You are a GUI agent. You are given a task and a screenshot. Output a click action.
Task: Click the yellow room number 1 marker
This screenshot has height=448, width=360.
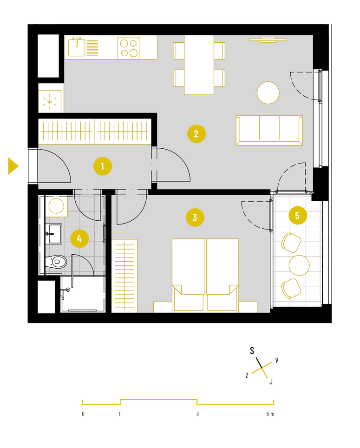pyautogui.click(x=103, y=166)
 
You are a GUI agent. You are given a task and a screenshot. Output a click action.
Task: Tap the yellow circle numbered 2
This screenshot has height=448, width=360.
pyautogui.click(x=196, y=134)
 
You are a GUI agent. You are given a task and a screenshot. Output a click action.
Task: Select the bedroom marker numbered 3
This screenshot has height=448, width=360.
pyautogui.click(x=195, y=217)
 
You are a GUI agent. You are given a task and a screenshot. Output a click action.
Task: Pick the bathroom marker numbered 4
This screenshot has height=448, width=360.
pyautogui.click(x=79, y=238)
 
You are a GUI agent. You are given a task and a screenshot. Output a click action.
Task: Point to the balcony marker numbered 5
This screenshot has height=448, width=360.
pyautogui.click(x=298, y=216)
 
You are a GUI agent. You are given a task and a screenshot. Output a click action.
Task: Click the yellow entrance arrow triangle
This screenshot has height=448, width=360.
pyautogui.click(x=13, y=166)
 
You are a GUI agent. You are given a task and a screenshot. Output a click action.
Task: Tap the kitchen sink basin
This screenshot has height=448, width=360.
pyautogui.click(x=77, y=47)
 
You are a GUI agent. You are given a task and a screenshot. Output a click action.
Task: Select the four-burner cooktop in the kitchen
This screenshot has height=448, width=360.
pyautogui.click(x=129, y=48)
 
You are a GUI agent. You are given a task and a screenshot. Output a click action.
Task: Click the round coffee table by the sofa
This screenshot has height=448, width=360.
pyautogui.click(x=268, y=93)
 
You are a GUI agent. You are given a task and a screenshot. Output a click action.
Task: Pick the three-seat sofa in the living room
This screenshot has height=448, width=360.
pyautogui.click(x=269, y=130)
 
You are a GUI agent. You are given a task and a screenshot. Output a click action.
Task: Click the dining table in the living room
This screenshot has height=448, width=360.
pyautogui.click(x=199, y=65)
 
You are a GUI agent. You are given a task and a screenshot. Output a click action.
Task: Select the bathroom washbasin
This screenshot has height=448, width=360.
pyautogui.click(x=53, y=234)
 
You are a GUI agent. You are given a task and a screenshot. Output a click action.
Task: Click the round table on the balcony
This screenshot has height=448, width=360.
pyautogui.click(x=299, y=265)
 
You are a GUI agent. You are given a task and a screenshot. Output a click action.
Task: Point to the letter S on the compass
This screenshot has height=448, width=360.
pyautogui.click(x=252, y=350)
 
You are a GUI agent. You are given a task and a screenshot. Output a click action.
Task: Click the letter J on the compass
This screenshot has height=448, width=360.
pyautogui.click(x=271, y=382)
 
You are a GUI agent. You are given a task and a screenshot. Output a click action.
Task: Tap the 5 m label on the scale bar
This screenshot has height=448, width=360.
pyautogui.click(x=270, y=414)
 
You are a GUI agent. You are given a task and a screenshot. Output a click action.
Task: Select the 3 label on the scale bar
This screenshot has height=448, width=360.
pyautogui.click(x=197, y=414)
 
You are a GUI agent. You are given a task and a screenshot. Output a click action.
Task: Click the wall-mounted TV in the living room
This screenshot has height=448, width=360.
pyautogui.click(x=268, y=40)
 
